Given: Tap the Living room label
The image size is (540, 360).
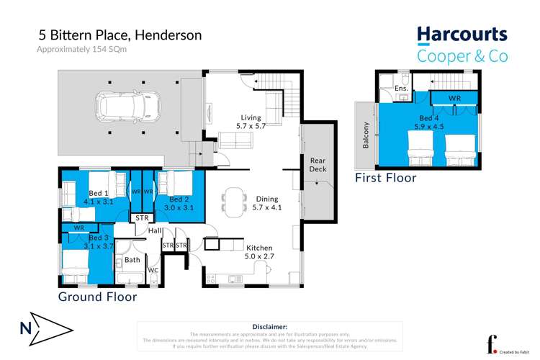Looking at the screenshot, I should (x=252, y=121).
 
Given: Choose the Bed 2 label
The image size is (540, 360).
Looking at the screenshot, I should (x=179, y=203).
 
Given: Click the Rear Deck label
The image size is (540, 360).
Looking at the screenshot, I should (x=318, y=164).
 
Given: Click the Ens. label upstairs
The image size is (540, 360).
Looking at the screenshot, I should (x=401, y=89).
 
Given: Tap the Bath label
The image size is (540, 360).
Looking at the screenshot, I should (x=132, y=260).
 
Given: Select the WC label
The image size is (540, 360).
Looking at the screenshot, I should (x=153, y=271).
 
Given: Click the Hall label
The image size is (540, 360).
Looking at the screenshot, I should (x=155, y=230).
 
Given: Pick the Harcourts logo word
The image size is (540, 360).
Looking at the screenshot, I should (x=462, y=35).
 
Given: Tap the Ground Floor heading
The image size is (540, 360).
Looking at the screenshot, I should (x=97, y=296).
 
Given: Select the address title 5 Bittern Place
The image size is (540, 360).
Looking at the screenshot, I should (x=120, y=35).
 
